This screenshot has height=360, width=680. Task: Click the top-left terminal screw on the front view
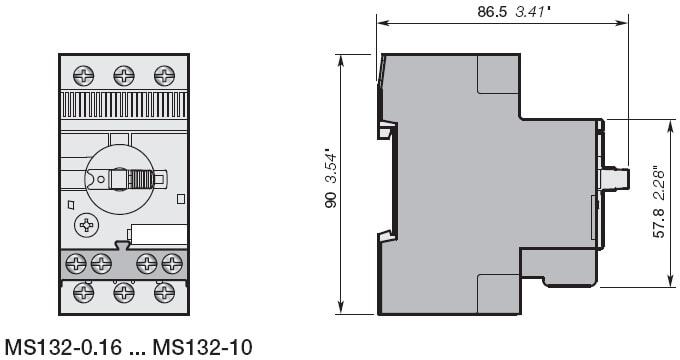tap(84, 75)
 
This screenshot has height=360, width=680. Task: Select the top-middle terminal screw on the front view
tap(124, 75)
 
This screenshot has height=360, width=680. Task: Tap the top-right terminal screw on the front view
tap(164, 75)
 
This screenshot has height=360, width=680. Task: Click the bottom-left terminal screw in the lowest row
tap(84, 293)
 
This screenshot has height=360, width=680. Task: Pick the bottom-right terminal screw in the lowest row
tap(164, 293)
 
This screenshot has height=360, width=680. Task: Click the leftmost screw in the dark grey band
tap(76, 263)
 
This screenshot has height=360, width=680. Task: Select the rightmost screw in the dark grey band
tap(172, 263)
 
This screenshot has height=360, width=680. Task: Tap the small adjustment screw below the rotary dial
tap(86, 225)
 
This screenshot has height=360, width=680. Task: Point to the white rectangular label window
tap(159, 236)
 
